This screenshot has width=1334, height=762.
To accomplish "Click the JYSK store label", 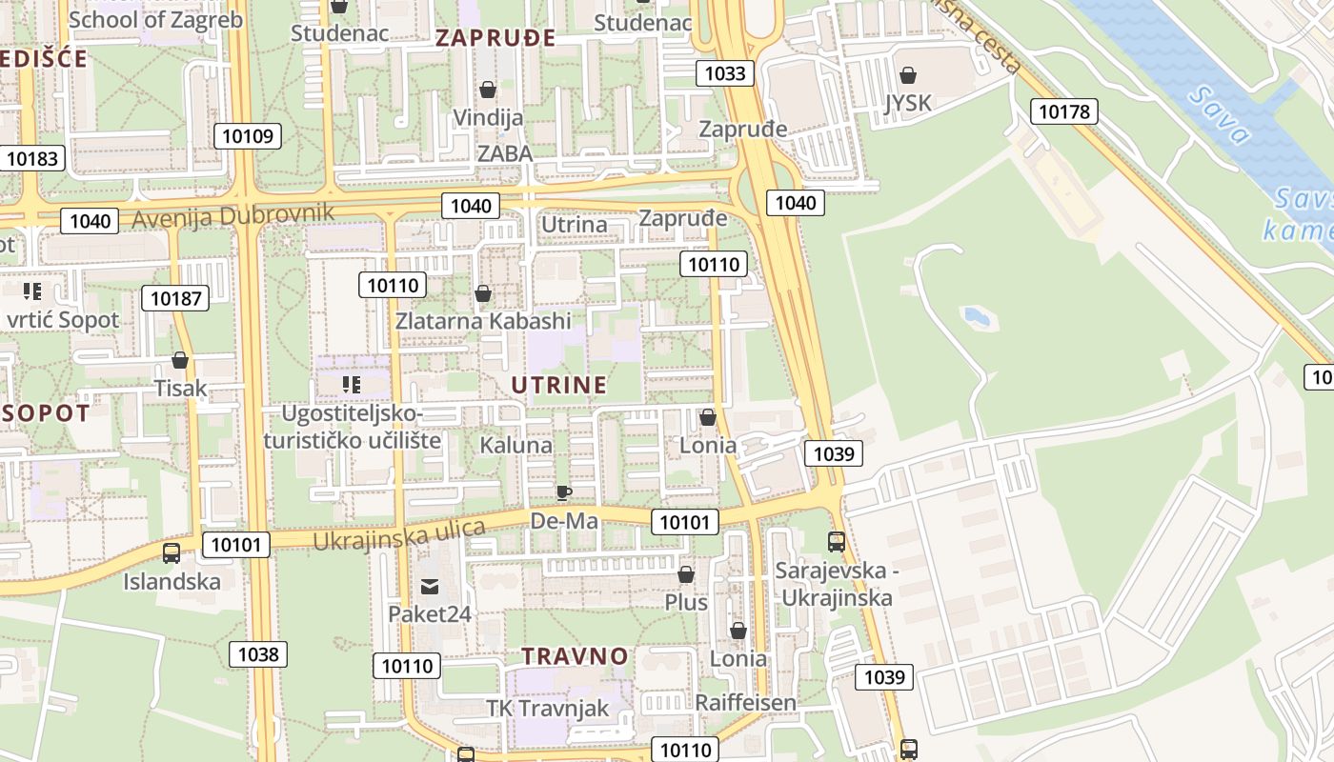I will coord(907,103).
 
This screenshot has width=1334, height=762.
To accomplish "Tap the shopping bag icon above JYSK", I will coord(908,75).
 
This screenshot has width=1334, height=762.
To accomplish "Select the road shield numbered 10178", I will coord(1063,112).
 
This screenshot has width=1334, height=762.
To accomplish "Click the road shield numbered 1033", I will coord(725,73).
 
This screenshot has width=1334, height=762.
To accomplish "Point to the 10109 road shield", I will coord(247,136).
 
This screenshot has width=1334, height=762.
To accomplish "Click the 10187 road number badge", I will coord(175,298).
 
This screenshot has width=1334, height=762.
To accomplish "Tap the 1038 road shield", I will coord(258,654).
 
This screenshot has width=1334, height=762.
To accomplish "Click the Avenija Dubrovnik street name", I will coord(233,215).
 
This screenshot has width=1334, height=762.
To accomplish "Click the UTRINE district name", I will coord(558,385).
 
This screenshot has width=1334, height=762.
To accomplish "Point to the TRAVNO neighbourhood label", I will coord(575,656).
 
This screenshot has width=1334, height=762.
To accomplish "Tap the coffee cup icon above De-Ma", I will coord(564,492).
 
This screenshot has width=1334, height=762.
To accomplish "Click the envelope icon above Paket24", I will coord(429,586).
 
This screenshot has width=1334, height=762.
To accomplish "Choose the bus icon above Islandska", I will coord(172,552).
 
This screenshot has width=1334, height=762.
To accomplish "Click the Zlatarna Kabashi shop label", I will coord(483,321).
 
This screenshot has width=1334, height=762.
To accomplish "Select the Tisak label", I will coord(180,389).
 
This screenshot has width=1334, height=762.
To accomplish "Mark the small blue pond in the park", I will coord(977,316).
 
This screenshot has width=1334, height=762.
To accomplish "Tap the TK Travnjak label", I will coord(547,709).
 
